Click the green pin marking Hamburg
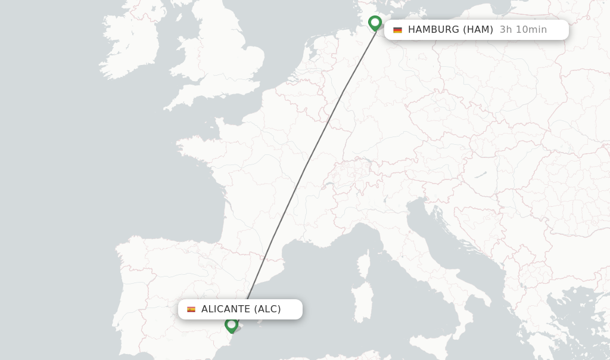[375, 23]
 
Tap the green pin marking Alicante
[231, 325]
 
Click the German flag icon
[397, 30]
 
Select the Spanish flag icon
[191, 309]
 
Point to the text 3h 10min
[523, 30]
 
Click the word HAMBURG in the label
[434, 30]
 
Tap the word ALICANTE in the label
[226, 309]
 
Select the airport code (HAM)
[478, 30]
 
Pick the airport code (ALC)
[267, 309]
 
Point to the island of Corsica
[364, 264]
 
